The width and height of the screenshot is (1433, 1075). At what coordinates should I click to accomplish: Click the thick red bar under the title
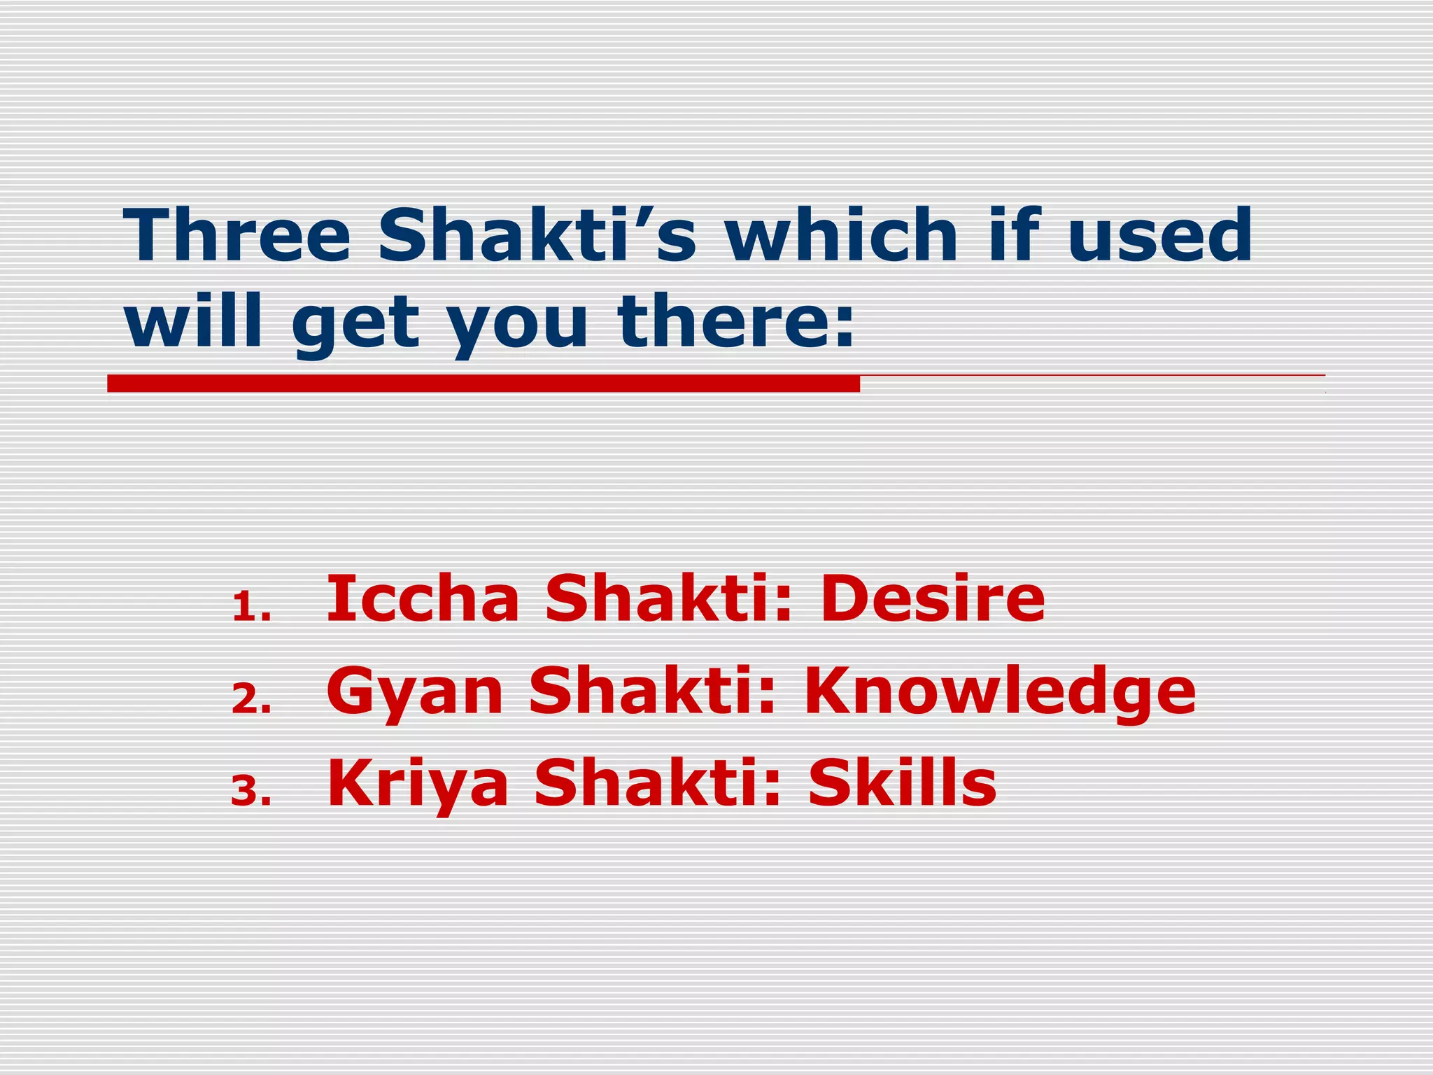[x=483, y=383]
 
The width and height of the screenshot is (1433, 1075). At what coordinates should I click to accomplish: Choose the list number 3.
[x=250, y=792]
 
